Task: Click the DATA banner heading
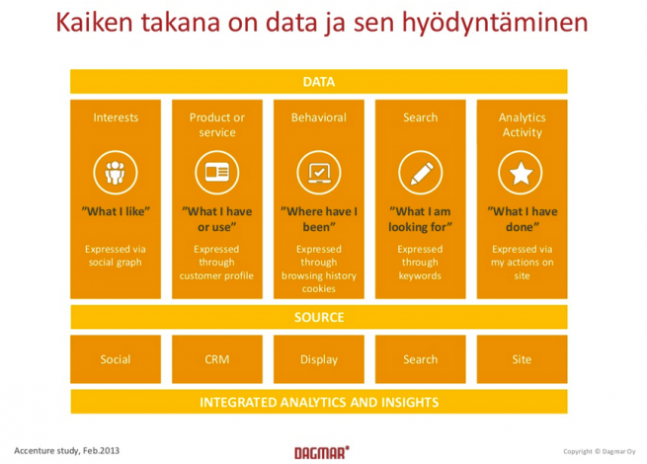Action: point(318,82)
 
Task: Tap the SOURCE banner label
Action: point(319,317)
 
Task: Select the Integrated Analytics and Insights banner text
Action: point(319,402)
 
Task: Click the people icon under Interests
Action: point(116,173)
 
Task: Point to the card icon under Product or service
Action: point(217,173)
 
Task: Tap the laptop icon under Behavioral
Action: point(318,173)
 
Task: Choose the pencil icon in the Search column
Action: point(420,173)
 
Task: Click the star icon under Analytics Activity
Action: point(521,173)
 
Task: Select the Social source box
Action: point(116,359)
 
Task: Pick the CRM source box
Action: point(217,359)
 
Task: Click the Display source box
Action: point(319,359)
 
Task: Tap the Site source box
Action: point(522,359)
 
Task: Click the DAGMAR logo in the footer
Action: point(322,452)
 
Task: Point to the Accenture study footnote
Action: point(67,451)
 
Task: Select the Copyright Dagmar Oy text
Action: point(600,451)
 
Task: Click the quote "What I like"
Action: point(116,211)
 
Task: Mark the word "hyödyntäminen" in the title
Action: point(495,23)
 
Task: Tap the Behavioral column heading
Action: point(318,117)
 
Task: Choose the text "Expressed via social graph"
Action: point(116,256)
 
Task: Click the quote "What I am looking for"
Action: point(420,219)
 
